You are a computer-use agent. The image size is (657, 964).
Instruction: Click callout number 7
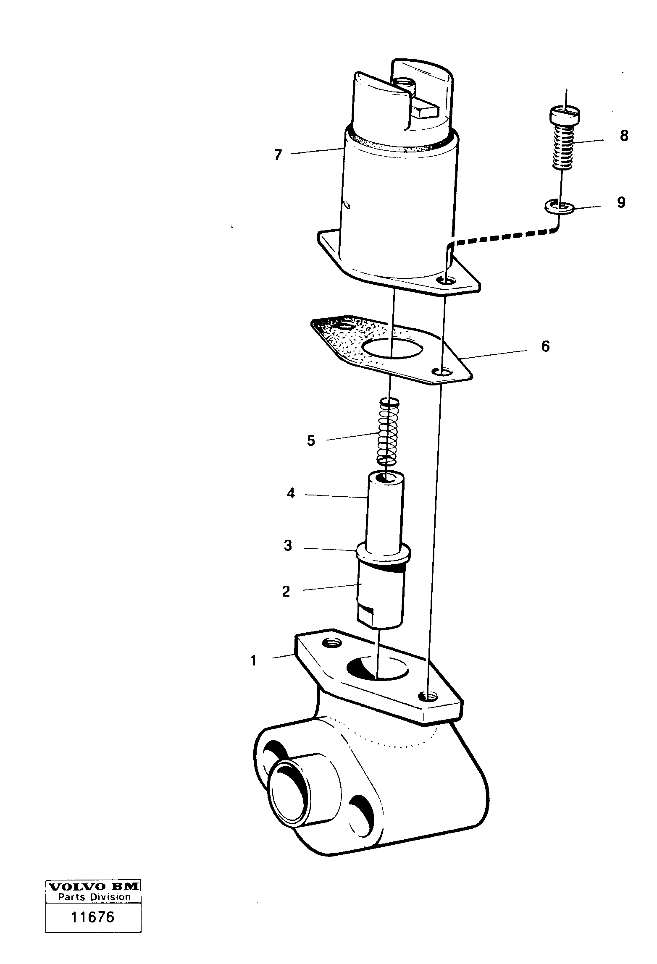278,155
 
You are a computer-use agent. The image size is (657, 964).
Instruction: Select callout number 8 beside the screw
624,136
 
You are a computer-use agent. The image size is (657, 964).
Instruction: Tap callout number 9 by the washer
621,202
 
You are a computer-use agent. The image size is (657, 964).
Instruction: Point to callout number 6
545,346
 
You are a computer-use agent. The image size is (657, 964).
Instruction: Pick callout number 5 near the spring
311,441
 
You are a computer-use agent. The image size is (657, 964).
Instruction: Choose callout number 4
291,493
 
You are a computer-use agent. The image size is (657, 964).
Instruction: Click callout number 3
288,546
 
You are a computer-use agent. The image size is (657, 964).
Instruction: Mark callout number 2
286,592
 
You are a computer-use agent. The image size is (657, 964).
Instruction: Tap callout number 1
253,661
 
